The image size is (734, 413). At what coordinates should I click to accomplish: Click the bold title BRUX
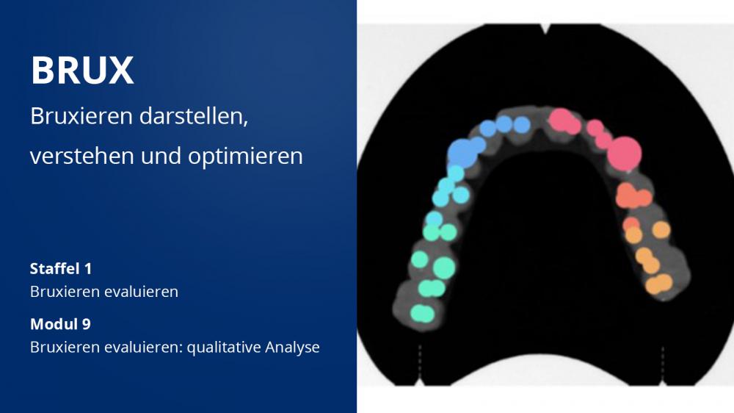82,71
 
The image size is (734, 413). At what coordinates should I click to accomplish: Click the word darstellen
193,116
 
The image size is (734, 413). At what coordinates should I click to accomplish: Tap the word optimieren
245,157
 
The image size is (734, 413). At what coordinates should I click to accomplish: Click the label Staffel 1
61,269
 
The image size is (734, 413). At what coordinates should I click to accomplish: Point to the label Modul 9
60,324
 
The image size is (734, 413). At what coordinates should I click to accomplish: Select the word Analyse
293,348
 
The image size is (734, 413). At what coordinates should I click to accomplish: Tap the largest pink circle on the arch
625,154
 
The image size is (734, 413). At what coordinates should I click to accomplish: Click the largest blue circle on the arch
463,154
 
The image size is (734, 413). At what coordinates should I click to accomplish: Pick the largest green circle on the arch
444,267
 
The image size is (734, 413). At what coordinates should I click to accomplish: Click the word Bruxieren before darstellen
81,116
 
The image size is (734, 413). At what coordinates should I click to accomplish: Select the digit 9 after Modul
87,324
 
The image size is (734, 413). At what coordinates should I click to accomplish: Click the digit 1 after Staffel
88,269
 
